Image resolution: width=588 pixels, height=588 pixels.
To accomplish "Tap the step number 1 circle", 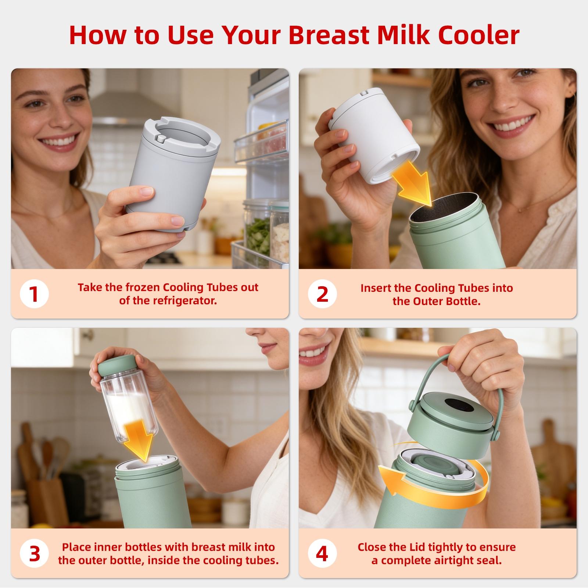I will tap(34, 294).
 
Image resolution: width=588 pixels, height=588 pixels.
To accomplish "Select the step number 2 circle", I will tap(322, 294).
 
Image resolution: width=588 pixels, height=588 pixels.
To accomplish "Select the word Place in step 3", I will tap(76, 547).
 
